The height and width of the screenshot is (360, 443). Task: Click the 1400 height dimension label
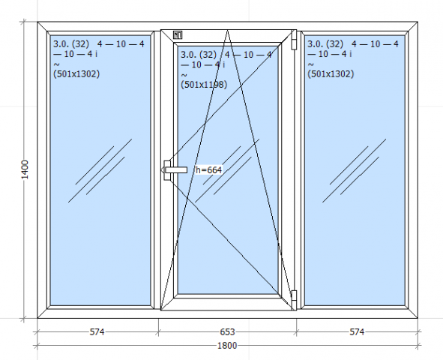pyautogui.click(x=25, y=169)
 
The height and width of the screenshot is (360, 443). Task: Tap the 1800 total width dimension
pyautogui.click(x=227, y=345)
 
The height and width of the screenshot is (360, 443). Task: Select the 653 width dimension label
pyautogui.click(x=227, y=331)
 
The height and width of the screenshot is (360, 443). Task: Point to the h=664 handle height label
pyautogui.click(x=209, y=169)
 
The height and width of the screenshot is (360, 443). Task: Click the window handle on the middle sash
pyautogui.click(x=175, y=169)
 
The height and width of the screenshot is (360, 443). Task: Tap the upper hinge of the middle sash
pyautogui.click(x=294, y=40)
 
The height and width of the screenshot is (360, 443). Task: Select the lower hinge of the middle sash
pyautogui.click(x=294, y=300)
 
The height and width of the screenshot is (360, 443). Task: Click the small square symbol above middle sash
pyautogui.click(x=178, y=35)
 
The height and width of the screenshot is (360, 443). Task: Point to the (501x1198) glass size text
pyautogui.click(x=204, y=85)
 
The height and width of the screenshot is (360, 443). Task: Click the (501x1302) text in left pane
pyautogui.click(x=76, y=73)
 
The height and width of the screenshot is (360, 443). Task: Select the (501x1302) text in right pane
pyautogui.click(x=331, y=73)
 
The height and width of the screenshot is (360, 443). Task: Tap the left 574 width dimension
pyautogui.click(x=97, y=331)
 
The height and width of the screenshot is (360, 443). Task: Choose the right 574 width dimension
pyautogui.click(x=357, y=331)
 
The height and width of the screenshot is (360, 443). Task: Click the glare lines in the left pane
pyautogui.click(x=100, y=170)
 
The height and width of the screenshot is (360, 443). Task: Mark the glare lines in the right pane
pyautogui.click(x=355, y=170)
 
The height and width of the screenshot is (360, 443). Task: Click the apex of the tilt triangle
pyautogui.click(x=228, y=30)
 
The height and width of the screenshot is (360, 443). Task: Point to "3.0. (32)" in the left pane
pyautogui.click(x=71, y=43)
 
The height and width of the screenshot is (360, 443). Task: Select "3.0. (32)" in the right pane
pyautogui.click(x=325, y=43)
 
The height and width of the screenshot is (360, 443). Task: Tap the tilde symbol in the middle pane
pyautogui.click(x=184, y=76)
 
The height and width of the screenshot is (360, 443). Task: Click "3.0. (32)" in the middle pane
pyautogui.click(x=199, y=55)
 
